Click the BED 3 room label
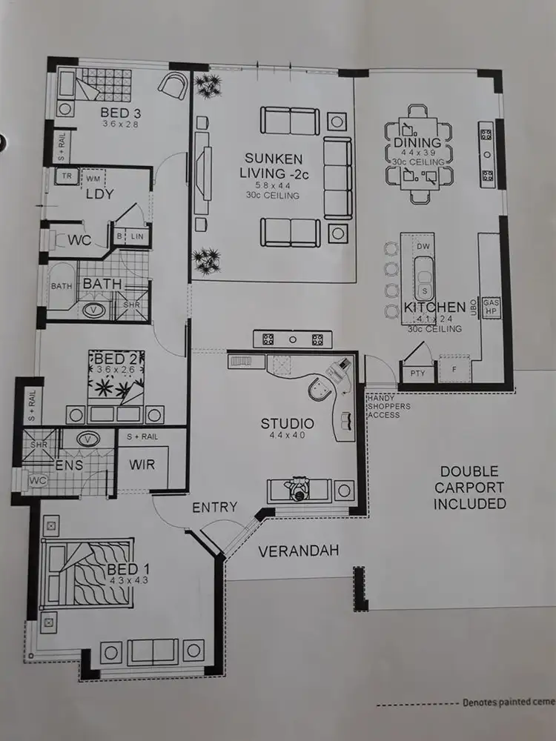(x=121, y=113)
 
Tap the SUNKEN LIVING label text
(x=274, y=166)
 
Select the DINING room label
(x=417, y=142)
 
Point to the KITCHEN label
(x=434, y=307)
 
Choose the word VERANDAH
(x=299, y=551)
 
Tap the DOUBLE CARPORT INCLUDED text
(x=470, y=488)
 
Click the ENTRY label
(x=214, y=508)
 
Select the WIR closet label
(x=140, y=465)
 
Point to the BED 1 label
(x=122, y=568)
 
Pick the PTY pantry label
(x=417, y=373)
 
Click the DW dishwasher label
(x=423, y=246)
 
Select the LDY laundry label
(x=99, y=194)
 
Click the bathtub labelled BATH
(x=61, y=286)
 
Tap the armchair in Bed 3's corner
(x=173, y=84)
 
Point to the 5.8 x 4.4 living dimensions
(x=274, y=185)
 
